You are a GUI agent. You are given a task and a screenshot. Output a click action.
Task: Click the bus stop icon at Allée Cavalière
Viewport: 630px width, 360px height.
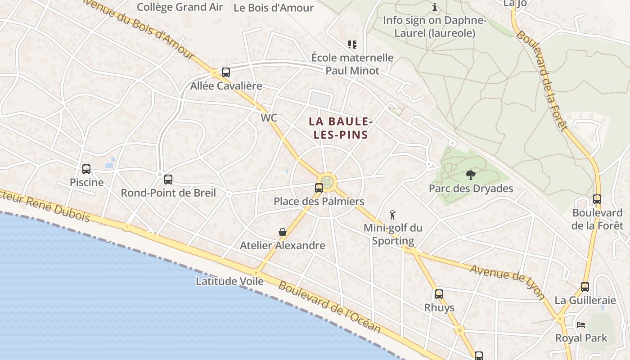click(x=226, y=72)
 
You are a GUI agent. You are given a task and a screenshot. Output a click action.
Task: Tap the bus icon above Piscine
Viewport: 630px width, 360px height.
click(x=86, y=169)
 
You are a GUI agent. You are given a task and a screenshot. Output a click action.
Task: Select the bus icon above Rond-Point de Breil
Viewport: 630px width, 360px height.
click(x=168, y=180)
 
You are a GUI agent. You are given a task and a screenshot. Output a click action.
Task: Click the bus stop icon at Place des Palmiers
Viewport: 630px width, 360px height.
click(x=319, y=188)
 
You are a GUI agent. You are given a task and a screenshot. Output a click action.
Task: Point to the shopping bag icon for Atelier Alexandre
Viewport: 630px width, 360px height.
click(x=283, y=232)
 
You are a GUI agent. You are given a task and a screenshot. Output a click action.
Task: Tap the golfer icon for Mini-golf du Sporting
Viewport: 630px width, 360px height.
click(x=392, y=215)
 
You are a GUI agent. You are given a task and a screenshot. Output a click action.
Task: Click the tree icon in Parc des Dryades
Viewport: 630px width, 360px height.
click(x=471, y=175)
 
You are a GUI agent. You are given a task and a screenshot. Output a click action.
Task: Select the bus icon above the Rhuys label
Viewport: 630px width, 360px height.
click(x=439, y=294)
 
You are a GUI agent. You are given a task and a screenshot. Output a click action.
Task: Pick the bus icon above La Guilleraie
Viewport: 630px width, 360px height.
click(x=585, y=287)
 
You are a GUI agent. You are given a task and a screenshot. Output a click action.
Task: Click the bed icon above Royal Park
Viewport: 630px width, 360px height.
click(x=581, y=325)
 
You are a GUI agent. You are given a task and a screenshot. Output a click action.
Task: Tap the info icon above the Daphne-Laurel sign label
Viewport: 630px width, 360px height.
click(x=435, y=7)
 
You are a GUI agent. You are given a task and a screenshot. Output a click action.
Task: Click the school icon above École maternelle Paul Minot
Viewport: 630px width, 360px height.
click(x=352, y=45)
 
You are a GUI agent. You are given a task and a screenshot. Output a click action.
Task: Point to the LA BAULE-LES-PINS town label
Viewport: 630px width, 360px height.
click(x=341, y=128)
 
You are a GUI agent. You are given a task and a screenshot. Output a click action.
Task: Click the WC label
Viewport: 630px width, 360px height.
click(x=269, y=118)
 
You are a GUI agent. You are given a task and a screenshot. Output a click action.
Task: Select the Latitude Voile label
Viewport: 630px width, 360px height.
click(x=229, y=281)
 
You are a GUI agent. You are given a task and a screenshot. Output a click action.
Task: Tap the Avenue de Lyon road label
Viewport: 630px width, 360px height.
click(x=507, y=282)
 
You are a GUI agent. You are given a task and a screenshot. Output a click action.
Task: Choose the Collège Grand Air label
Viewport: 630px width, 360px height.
click(x=180, y=7)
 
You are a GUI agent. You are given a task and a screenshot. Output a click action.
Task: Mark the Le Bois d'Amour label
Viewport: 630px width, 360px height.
click(x=274, y=8)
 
